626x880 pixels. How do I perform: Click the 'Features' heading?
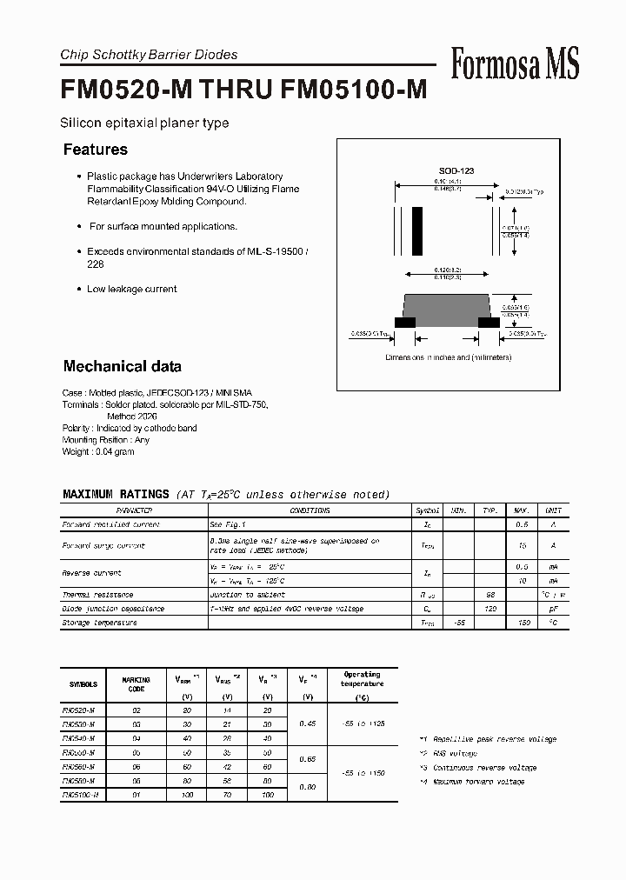pyautogui.click(x=96, y=150)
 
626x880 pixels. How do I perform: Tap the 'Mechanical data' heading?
pyautogui.click(x=123, y=366)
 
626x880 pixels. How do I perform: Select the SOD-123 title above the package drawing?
pyautogui.click(x=456, y=172)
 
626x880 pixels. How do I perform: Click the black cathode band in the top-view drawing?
pyautogui.click(x=417, y=230)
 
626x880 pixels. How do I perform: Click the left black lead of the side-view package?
pyautogui.click(x=404, y=322)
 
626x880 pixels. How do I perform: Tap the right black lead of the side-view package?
pyautogui.click(x=489, y=322)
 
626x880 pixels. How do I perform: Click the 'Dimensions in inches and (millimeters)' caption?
pyautogui.click(x=452, y=357)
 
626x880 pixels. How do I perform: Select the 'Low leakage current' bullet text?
pyautogui.click(x=131, y=289)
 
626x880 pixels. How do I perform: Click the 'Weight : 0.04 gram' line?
pyautogui.click(x=98, y=451)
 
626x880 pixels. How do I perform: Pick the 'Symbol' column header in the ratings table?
pyautogui.click(x=428, y=510)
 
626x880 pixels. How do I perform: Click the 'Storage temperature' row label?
pyautogui.click(x=99, y=623)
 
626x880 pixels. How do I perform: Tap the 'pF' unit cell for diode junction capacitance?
pyautogui.click(x=553, y=609)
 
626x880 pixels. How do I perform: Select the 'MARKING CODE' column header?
pyautogui.click(x=136, y=684)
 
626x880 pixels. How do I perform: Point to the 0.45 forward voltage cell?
pyautogui.click(x=306, y=723)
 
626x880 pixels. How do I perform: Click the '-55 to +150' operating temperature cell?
pyautogui.click(x=361, y=772)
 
